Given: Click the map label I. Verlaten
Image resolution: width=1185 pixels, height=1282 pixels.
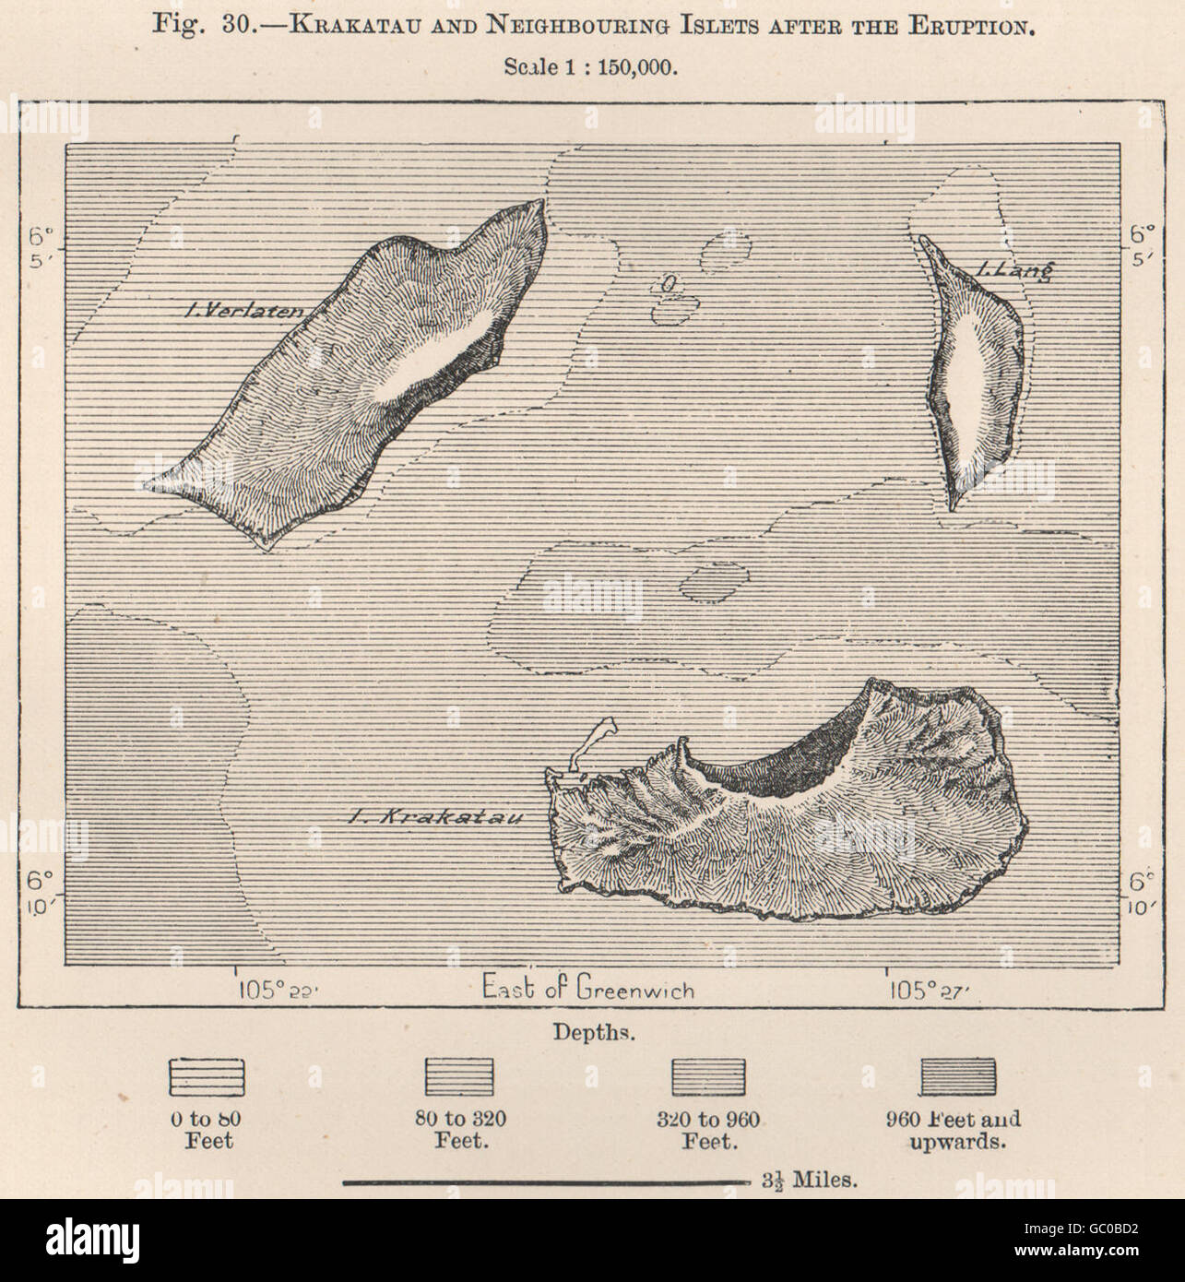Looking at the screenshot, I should pyautogui.click(x=243, y=312).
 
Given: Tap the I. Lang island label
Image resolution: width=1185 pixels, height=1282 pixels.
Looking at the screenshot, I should pyautogui.click(x=1012, y=271).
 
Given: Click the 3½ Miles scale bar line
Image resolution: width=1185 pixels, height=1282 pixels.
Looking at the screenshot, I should pyautogui.click(x=543, y=1180).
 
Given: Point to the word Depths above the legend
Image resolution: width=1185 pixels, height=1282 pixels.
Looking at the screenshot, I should pyautogui.click(x=592, y=1031).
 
